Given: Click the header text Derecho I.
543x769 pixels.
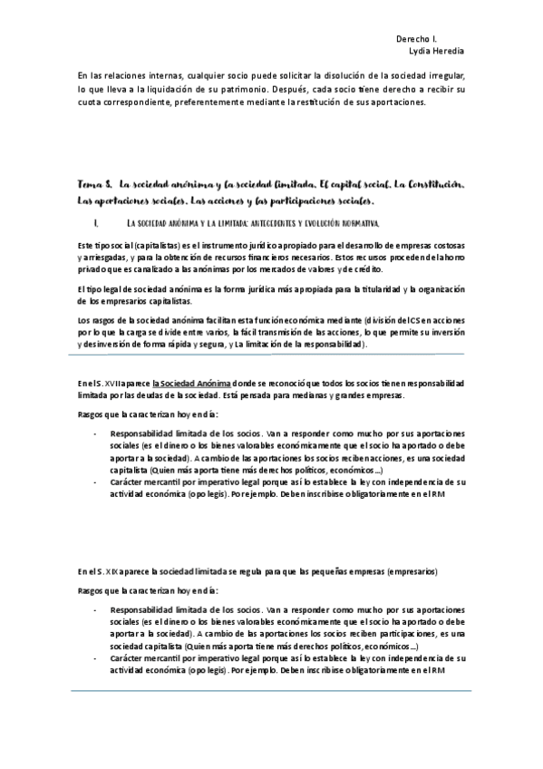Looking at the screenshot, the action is (416, 40).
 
